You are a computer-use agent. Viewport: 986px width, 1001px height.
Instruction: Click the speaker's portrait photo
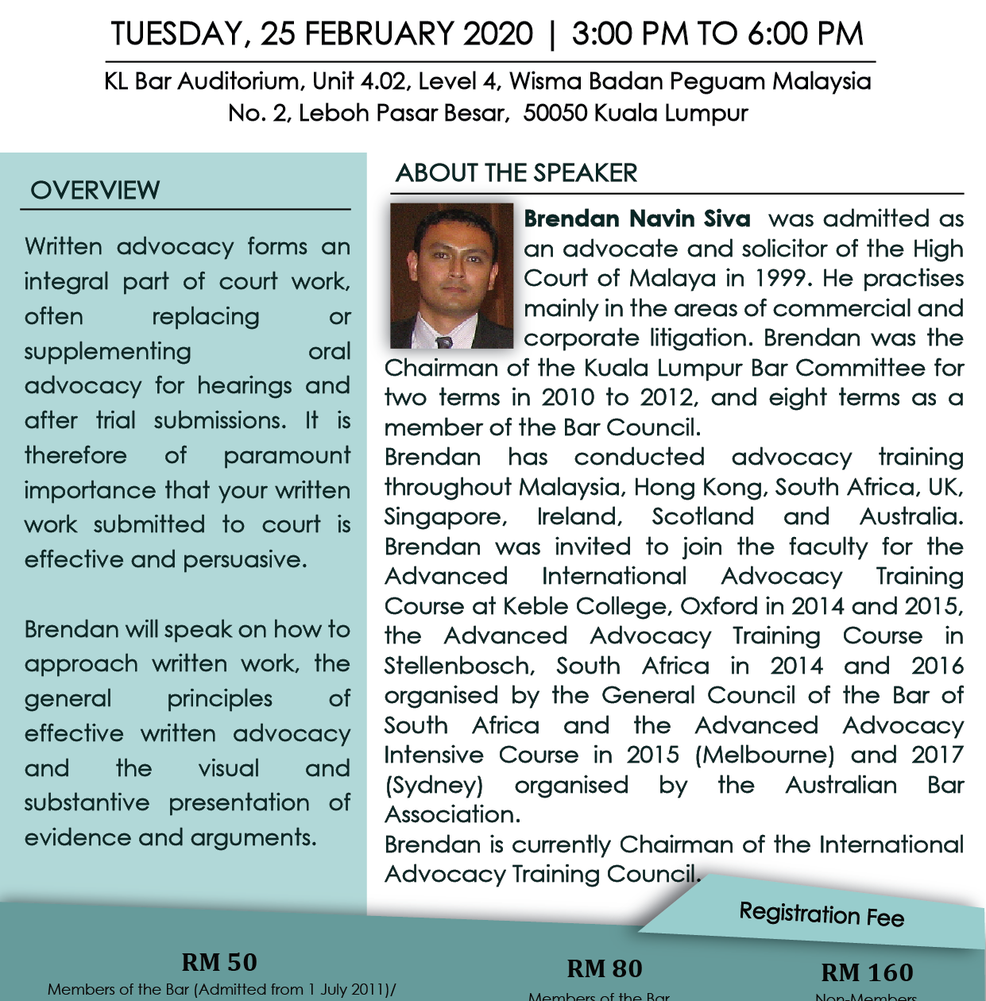point(451,276)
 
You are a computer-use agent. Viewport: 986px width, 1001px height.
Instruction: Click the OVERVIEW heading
point(95,191)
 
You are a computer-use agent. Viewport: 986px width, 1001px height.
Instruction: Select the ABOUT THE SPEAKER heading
point(516,173)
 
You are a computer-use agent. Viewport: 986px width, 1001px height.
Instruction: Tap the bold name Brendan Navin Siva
point(636,218)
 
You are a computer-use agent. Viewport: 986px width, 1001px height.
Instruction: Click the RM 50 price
point(219,962)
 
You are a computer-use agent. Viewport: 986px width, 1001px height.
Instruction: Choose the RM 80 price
point(604,968)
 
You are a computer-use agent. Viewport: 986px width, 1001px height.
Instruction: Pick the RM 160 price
point(867,972)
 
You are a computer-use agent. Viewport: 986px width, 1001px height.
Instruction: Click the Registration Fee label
point(822,914)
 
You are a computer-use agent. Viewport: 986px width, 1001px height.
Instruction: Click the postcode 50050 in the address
point(555,113)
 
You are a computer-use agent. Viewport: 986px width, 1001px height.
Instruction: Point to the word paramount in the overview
point(286,455)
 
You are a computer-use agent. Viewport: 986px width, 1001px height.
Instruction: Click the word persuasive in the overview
point(245,559)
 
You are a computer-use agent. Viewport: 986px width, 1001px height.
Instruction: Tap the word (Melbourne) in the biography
point(764,755)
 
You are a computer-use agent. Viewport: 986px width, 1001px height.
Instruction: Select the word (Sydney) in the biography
point(434,785)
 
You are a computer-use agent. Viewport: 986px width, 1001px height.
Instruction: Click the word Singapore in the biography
point(445,517)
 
